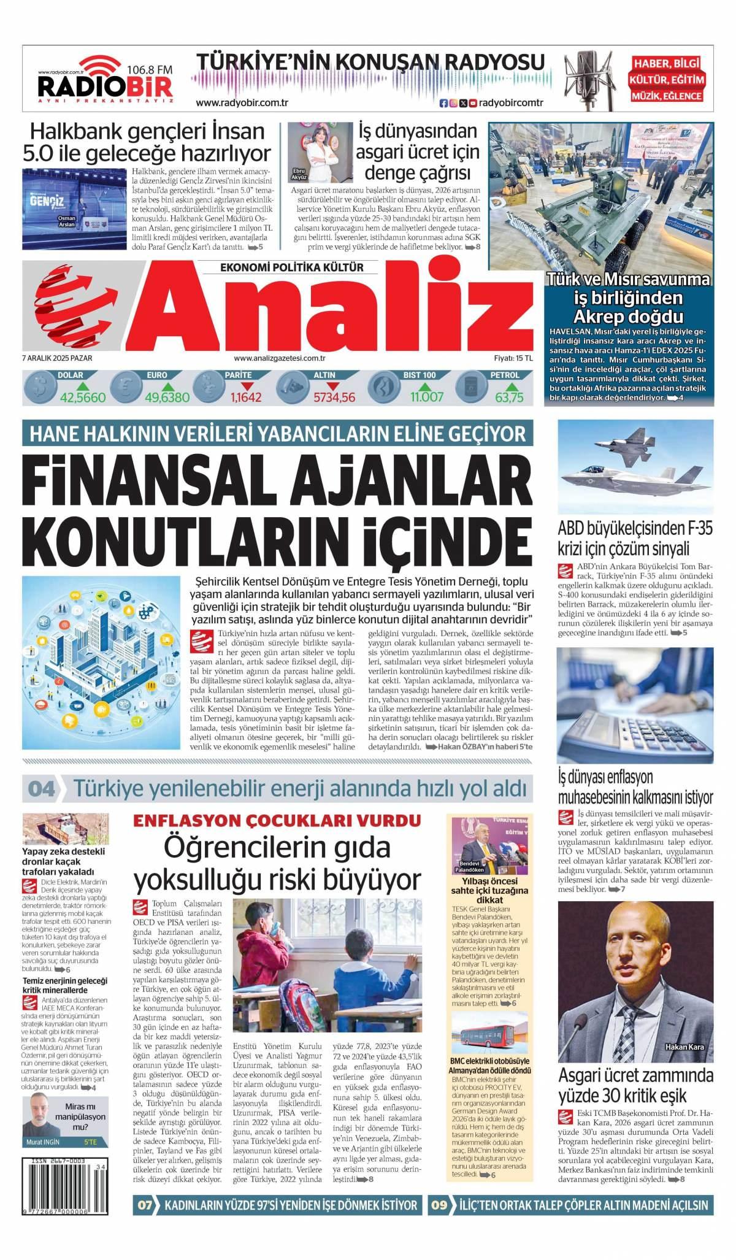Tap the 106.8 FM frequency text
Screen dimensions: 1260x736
click(150, 70)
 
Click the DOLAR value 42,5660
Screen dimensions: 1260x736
click(83, 398)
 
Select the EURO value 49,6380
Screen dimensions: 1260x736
click(167, 398)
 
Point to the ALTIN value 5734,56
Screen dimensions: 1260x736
click(334, 398)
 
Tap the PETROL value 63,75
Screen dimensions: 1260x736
click(509, 398)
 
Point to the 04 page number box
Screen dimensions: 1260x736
click(42, 788)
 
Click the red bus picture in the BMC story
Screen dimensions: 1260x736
click(490, 1035)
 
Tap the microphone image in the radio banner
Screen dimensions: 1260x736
click(586, 79)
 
